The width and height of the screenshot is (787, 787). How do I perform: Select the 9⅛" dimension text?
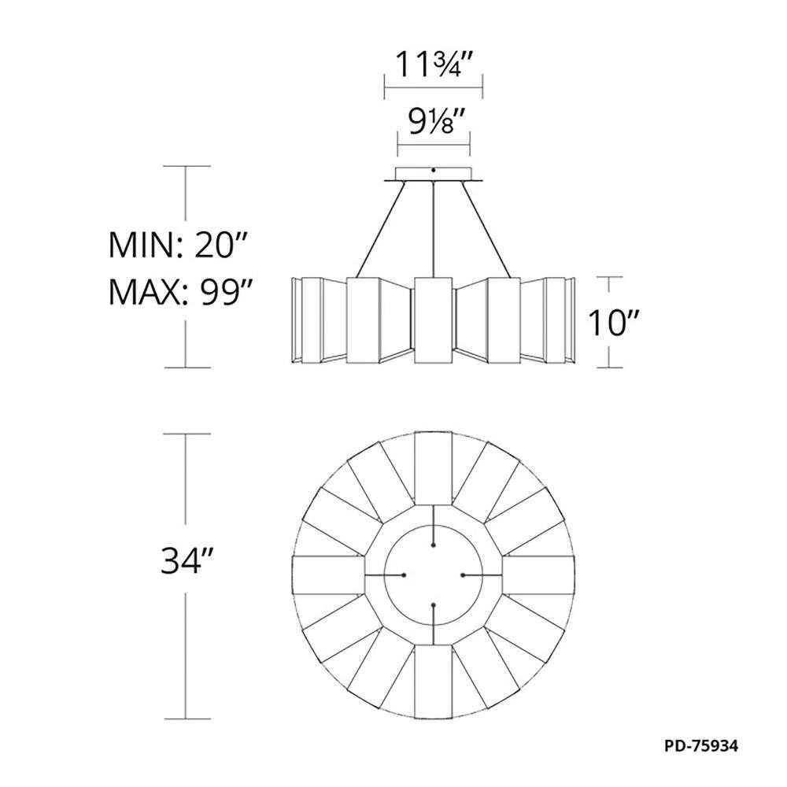(434, 124)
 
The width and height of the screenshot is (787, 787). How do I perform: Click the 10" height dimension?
(612, 323)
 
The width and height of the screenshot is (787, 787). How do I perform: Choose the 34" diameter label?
(187, 561)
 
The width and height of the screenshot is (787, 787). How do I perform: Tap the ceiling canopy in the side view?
(434, 174)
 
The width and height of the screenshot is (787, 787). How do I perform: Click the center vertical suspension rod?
(434, 228)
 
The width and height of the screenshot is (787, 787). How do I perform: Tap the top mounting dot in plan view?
(434, 544)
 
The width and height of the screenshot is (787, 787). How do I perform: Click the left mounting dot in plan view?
(404, 575)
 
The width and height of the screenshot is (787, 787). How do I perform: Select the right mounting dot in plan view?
(464, 575)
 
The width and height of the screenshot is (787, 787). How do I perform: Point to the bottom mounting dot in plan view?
(434, 605)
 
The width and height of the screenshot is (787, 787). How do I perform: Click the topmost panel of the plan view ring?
(434, 468)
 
